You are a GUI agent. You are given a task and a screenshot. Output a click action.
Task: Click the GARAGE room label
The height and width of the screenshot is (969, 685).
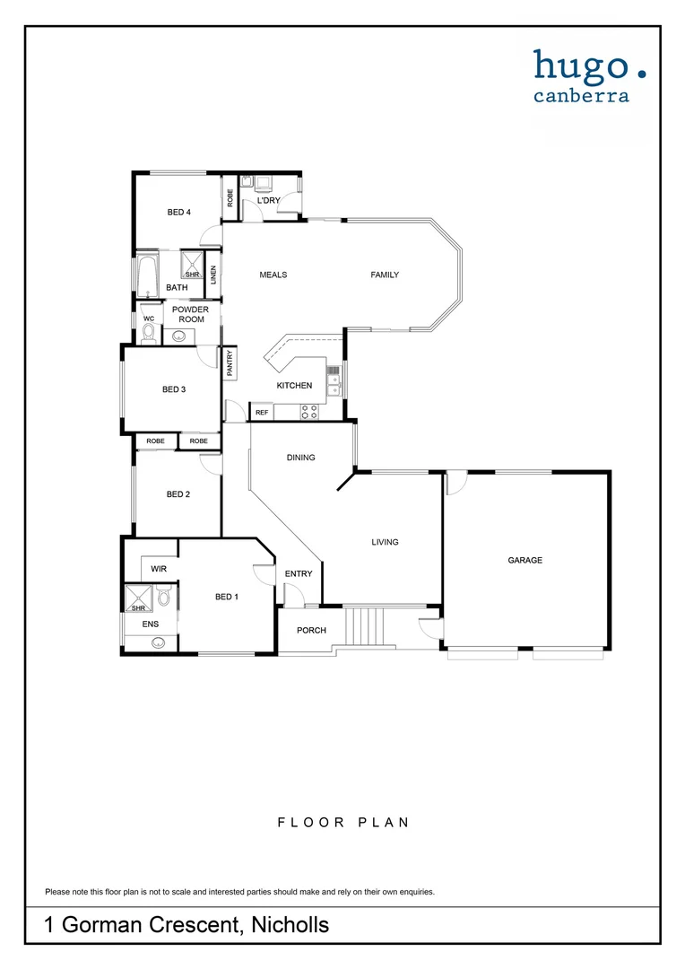[525, 561]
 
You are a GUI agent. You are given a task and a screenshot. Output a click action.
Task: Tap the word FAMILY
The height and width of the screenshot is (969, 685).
[385, 275]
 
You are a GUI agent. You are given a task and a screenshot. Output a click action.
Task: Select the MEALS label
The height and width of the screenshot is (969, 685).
[273, 275]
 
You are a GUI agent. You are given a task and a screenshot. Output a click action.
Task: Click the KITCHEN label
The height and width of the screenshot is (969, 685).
[294, 386]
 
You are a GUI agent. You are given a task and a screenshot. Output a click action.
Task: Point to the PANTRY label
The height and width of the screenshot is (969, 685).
[230, 362]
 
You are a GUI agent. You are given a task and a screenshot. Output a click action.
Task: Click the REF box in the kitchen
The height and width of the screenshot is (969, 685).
[262, 413]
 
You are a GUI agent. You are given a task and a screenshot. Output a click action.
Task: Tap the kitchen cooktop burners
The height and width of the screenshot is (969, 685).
[309, 412]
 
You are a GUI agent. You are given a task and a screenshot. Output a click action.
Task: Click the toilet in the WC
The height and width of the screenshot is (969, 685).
[149, 333]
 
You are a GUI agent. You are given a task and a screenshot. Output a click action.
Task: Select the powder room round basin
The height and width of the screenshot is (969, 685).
[179, 337]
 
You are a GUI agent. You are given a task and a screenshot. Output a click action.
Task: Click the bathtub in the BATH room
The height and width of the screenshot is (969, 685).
[148, 276]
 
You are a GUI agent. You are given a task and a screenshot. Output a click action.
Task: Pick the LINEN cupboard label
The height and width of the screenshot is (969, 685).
[213, 275]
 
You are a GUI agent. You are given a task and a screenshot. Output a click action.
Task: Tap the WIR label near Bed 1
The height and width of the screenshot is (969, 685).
[159, 569]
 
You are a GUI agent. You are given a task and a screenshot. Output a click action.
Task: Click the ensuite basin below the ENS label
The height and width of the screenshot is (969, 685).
[159, 642]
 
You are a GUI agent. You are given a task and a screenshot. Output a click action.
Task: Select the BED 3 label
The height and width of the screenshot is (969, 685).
[174, 389]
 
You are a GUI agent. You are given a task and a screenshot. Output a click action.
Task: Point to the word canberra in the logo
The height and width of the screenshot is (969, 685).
[581, 95]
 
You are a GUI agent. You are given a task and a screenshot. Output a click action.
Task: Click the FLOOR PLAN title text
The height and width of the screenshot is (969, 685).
[342, 822]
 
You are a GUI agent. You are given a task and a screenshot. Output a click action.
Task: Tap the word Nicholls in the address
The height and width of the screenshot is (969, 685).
[290, 925]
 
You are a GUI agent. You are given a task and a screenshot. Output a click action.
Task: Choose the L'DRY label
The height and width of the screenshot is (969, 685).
[268, 200]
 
